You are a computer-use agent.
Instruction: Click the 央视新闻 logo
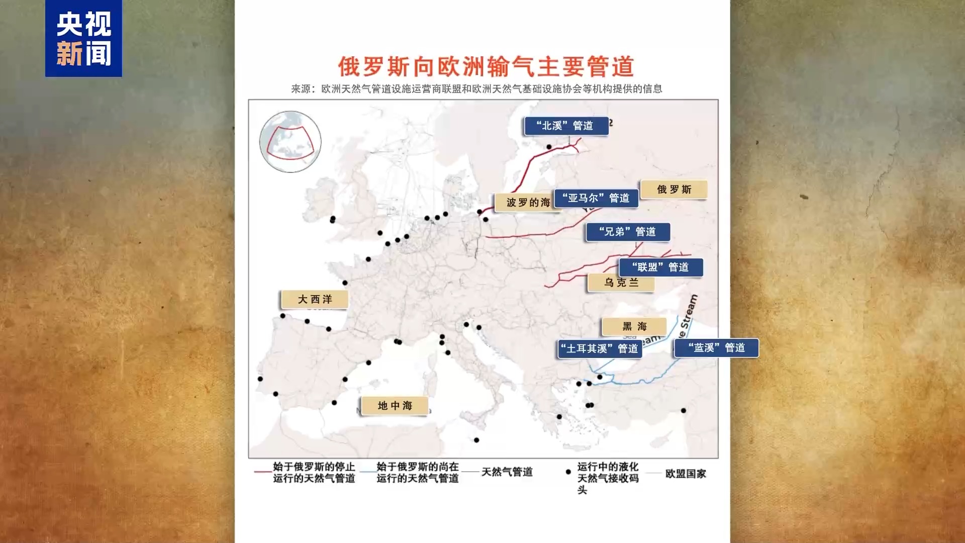click(83, 39)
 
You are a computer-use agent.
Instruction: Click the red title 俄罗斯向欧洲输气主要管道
click(486, 66)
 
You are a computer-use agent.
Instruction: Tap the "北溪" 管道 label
click(566, 126)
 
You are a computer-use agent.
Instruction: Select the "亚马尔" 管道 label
click(596, 198)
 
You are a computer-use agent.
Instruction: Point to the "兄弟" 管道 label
click(628, 232)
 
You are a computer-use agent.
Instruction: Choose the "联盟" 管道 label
click(660, 267)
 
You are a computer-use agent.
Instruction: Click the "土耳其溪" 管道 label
click(600, 348)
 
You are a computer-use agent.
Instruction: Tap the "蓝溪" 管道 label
click(716, 348)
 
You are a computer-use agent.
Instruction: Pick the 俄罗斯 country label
click(674, 190)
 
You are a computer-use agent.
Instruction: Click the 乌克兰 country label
click(621, 283)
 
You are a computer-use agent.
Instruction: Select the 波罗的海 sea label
click(527, 203)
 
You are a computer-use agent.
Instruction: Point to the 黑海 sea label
click(634, 327)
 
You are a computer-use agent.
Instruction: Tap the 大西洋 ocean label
click(315, 300)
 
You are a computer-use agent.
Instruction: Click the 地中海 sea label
click(395, 406)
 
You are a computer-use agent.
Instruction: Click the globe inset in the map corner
click(290, 142)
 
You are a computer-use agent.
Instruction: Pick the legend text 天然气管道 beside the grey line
click(507, 472)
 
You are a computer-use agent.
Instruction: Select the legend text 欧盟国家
click(686, 474)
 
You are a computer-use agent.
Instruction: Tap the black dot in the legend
click(568, 472)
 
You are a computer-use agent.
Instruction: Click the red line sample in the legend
click(262, 472)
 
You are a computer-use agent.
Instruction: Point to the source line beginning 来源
click(476, 89)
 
